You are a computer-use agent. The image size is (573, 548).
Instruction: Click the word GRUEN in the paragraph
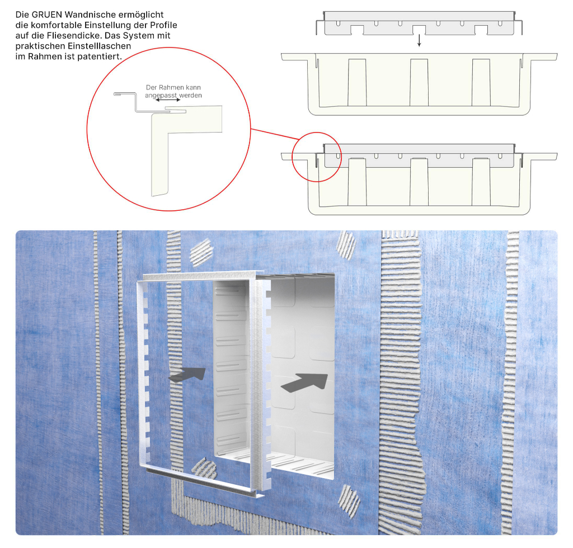coord(47,15)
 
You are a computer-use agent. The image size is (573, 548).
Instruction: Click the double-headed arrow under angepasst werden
coord(168,100)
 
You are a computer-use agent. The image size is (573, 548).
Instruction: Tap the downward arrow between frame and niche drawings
coord(419,40)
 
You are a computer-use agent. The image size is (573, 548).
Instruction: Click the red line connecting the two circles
coord(275,134)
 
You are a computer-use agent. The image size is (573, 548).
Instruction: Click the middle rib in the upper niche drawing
coord(419,83)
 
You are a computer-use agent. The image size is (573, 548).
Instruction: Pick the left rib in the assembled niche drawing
coord(357,182)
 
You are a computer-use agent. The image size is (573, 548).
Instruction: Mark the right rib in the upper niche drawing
coord(481,83)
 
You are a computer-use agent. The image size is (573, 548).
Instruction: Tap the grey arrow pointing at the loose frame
coord(187,375)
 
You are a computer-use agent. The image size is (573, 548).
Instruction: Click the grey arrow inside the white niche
coord(304,382)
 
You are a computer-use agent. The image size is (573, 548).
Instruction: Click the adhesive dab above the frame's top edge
coord(201,252)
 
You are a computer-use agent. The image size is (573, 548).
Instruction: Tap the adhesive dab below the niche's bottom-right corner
coord(349,501)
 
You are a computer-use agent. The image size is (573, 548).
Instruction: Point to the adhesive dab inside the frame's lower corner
coord(204,469)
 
